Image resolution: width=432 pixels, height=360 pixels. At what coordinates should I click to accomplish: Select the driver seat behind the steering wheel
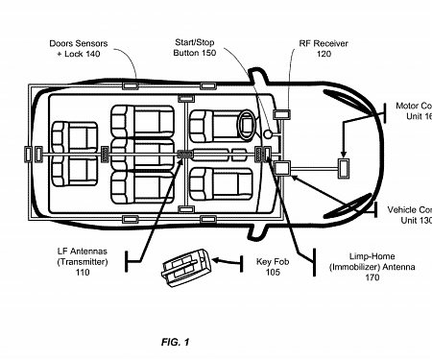coord(211,127)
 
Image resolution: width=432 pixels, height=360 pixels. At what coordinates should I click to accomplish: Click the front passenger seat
coord(211,182)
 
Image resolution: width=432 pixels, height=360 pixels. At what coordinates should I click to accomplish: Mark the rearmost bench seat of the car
coord(67,154)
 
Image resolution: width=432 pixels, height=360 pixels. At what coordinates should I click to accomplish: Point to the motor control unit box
coord(343,169)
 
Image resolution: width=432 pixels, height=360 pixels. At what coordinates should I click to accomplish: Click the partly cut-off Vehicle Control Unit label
coord(410,214)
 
